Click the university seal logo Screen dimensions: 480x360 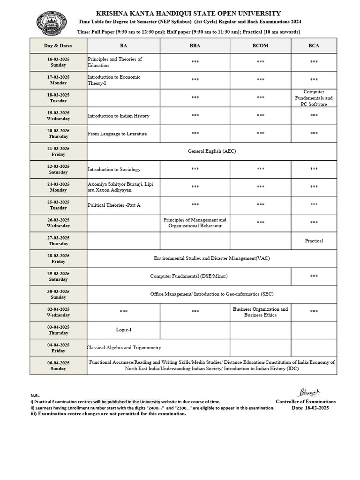52,24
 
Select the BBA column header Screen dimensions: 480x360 195,45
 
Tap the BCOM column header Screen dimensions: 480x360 260,45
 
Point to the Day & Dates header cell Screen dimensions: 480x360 58,45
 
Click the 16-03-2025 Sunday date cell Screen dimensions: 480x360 58,62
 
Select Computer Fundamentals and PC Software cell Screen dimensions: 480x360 314,98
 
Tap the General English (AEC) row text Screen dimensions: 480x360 211,151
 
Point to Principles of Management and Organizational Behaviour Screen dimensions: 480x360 195,223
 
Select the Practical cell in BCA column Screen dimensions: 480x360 314,240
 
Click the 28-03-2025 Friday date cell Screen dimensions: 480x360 58,258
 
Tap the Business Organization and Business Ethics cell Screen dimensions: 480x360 260,312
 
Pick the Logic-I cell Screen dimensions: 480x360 123,330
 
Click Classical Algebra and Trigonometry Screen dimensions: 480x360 124,347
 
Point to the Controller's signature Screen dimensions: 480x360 308,392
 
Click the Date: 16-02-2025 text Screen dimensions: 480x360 310,408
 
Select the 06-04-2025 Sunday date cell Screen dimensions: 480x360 58,366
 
